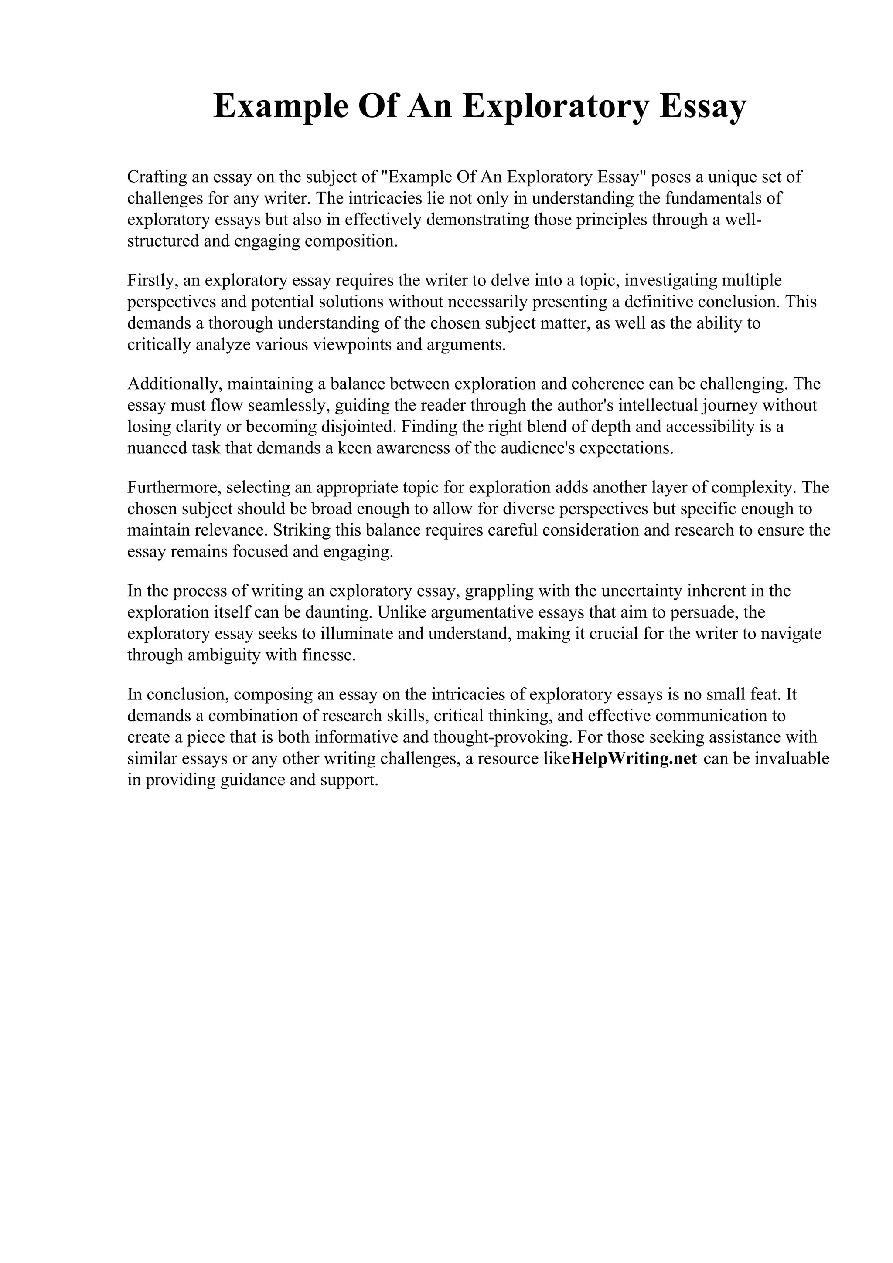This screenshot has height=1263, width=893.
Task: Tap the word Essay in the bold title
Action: [x=702, y=106]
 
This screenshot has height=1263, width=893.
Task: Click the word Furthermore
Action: [x=173, y=487]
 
